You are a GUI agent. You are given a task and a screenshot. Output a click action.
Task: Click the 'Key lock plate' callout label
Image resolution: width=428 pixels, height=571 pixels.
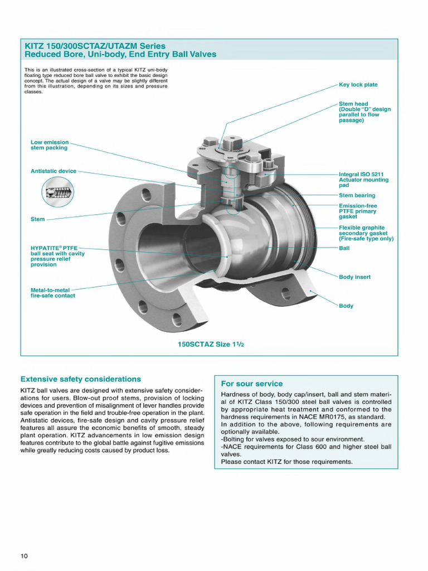coord(358,85)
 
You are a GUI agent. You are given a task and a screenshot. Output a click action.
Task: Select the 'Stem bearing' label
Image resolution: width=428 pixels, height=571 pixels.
coord(357,196)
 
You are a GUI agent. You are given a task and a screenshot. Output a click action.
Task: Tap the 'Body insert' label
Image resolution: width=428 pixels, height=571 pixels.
coord(354,277)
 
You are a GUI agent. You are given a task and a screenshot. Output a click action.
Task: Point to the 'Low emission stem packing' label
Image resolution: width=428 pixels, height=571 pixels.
coord(50,145)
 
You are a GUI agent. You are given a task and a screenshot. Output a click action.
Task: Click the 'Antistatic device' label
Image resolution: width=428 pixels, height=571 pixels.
coord(53,171)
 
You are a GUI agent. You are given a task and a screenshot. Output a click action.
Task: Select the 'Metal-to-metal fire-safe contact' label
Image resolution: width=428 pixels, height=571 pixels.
coord(53,293)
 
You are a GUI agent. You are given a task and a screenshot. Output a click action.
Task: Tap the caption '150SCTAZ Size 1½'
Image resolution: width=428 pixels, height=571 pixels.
coord(211,344)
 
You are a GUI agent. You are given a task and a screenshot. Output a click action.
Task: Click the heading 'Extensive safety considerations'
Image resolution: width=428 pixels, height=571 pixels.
coord(81,379)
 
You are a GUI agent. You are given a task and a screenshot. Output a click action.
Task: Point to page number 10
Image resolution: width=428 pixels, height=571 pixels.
coord(24,557)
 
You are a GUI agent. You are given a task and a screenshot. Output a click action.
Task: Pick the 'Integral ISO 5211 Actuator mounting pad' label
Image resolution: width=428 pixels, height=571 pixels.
coord(363,180)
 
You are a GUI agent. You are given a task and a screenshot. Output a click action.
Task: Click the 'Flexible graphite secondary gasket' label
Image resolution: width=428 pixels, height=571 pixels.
coord(366,233)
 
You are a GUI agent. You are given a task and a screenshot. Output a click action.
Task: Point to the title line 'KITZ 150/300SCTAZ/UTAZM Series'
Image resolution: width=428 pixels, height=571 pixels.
coord(95,46)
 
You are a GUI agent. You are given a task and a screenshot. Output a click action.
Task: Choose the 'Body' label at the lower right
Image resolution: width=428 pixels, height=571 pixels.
coord(346,306)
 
